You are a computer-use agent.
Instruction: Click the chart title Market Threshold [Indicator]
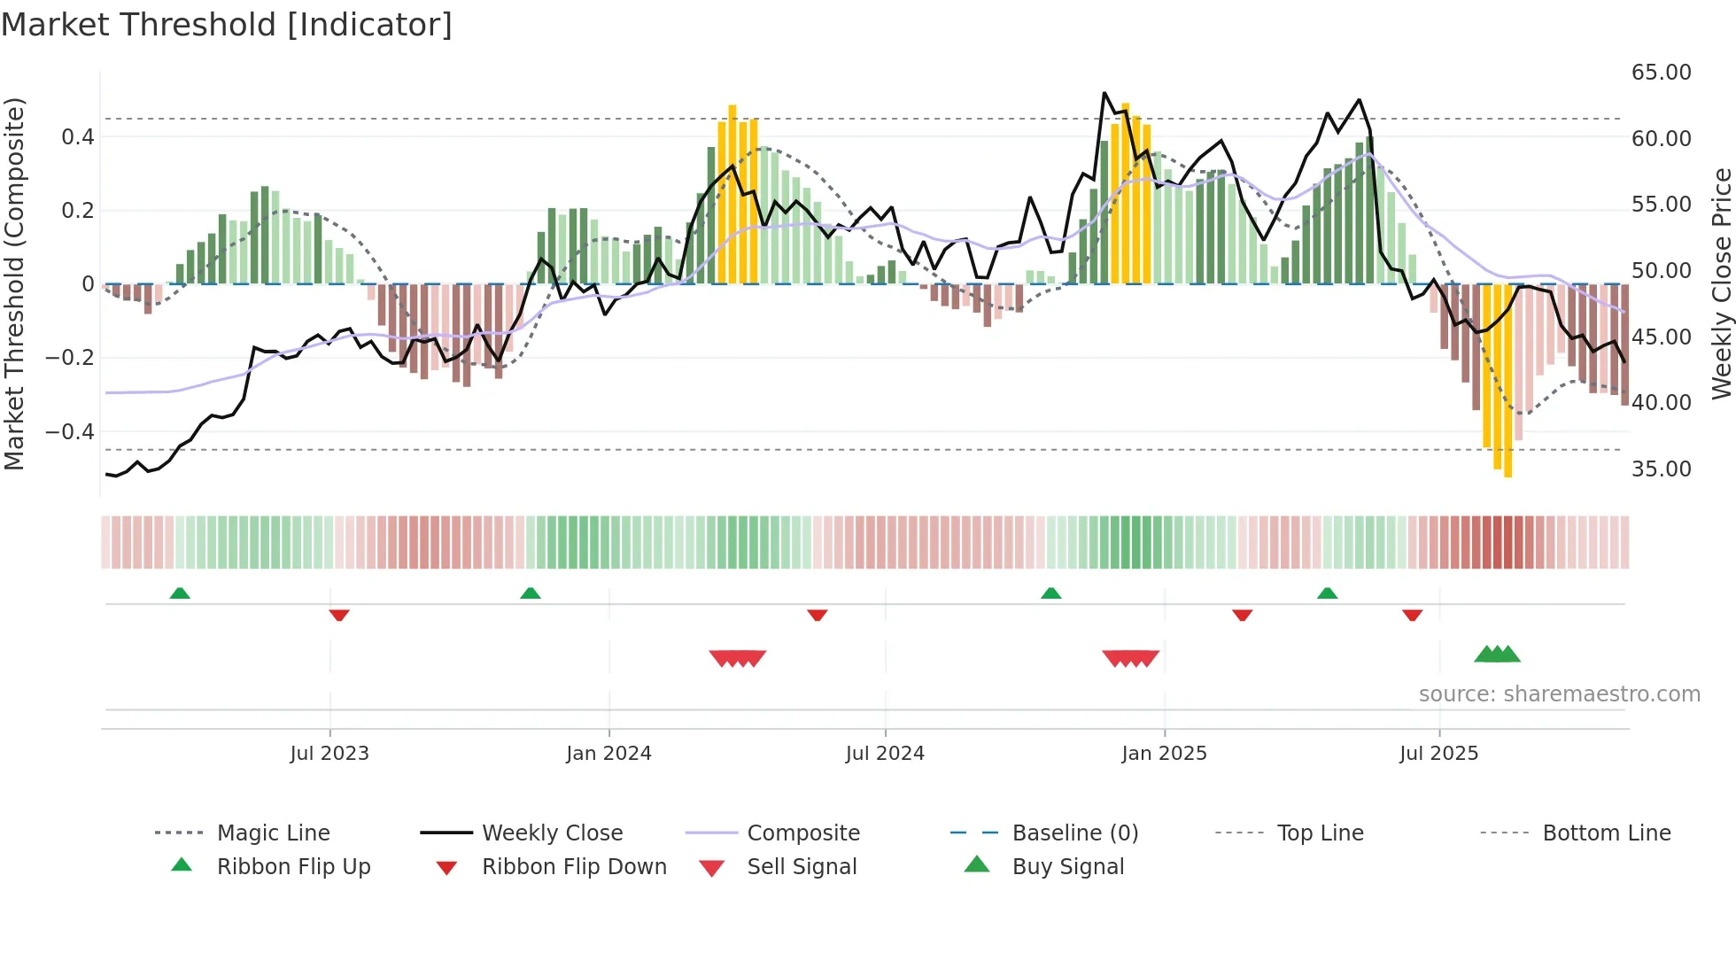coord(227,25)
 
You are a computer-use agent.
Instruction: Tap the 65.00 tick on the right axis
coord(1661,73)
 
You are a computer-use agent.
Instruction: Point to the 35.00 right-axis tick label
coord(1661,469)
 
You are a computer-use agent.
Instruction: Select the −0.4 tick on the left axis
coord(70,432)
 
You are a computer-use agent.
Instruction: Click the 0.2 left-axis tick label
coord(77,211)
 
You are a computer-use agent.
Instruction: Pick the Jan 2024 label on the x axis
coord(608,754)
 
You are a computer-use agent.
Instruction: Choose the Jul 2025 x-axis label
coord(1438,754)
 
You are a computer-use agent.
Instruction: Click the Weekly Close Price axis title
coord(1721,283)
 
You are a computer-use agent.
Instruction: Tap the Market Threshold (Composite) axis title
coord(14,283)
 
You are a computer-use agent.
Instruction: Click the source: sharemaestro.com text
coord(1559,694)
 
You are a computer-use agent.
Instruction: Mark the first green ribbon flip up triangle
coord(180,593)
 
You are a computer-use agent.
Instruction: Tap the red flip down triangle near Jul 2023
coord(339,615)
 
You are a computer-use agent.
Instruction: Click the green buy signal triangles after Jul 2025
coord(1497,655)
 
